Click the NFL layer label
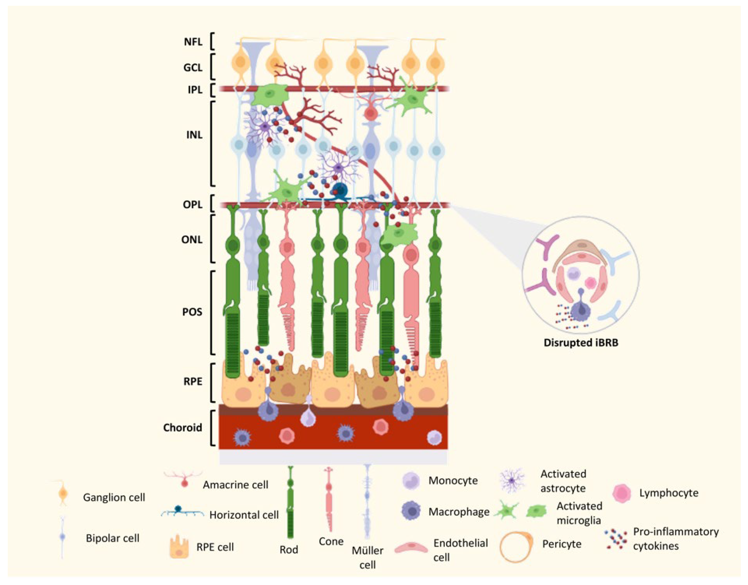pos(193,42)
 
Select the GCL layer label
pos(193,68)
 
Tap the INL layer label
pos(194,135)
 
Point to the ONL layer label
pos(192,240)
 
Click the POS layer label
pos(192,312)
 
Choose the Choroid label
pos(183,428)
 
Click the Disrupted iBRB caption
pos(581,343)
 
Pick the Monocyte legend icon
pos(410,480)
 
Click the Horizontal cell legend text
pos(244,515)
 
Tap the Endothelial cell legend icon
pos(411,548)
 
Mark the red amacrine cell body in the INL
pos(370,113)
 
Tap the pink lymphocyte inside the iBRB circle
pos(590,282)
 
